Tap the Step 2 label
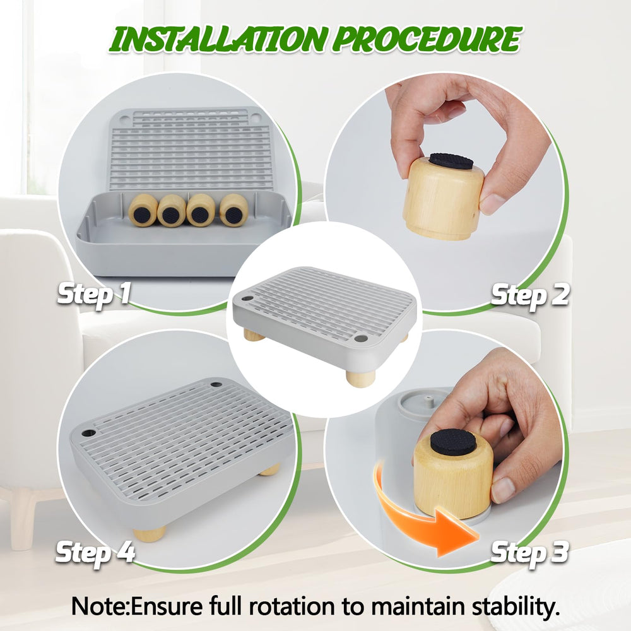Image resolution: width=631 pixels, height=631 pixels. tap(530, 295)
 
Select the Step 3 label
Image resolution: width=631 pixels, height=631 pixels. tap(529, 553)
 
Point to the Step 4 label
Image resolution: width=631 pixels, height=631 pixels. tap(95, 552)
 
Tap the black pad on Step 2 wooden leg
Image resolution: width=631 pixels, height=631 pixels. tap(451, 161)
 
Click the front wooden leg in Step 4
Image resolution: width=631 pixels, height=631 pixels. tap(150, 533)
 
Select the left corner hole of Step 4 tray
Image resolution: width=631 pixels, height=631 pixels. tap(88, 434)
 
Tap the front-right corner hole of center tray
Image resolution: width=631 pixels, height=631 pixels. tap(360, 339)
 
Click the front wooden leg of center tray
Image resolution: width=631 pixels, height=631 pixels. tap(360, 378)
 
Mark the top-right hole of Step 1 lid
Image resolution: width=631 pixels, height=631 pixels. tap(256, 117)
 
